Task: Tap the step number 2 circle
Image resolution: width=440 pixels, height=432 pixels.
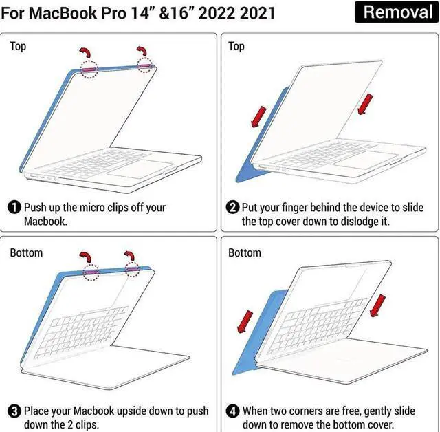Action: [234, 207]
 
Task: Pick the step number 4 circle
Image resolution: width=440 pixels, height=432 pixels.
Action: [234, 411]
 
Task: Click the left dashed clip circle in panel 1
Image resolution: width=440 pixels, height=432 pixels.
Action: [89, 69]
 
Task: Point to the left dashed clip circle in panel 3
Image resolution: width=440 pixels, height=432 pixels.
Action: [89, 272]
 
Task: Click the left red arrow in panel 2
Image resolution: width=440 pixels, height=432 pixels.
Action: [257, 117]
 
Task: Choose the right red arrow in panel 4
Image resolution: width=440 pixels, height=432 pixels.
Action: [378, 305]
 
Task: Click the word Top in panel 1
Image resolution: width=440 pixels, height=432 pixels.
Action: [18, 46]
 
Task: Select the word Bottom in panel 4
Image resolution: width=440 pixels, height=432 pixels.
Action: [245, 252]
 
